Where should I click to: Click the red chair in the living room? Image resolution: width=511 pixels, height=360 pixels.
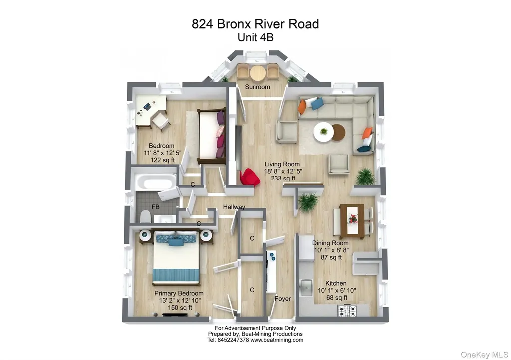point(250,177)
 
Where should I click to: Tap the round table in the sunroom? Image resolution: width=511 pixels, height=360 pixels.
point(258,73)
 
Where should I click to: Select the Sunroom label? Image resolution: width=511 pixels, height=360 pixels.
point(257,87)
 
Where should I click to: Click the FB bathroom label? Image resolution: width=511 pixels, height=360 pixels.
point(156,206)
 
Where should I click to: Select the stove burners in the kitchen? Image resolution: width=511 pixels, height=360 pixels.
point(347,310)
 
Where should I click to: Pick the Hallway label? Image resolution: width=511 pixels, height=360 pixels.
point(234,207)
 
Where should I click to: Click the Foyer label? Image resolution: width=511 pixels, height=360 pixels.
point(283,299)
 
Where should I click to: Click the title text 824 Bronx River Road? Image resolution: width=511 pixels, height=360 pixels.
point(255,24)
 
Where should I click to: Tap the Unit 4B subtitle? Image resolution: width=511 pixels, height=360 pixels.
point(255,37)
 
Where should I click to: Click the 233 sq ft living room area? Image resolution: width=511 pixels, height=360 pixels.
point(282,178)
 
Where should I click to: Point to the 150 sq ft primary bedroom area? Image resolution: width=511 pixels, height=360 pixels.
point(179,308)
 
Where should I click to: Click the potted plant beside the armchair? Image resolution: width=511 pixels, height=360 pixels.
point(365,176)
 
